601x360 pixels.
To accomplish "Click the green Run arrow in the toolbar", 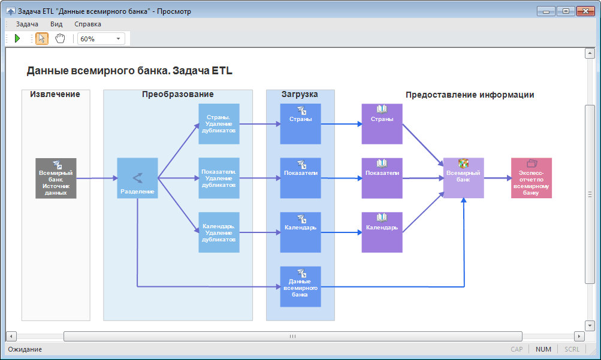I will coord(17,38).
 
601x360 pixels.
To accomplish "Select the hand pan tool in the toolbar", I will coord(59,38).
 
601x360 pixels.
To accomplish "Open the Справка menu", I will coord(87,24).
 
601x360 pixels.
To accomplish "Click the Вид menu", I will coord(56,24).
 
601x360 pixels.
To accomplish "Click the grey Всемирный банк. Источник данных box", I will coord(56,178).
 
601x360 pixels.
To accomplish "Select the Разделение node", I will coord(137,178).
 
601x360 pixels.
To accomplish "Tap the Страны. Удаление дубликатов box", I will coord(219,124).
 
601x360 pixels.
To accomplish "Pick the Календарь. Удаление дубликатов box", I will coord(219,232).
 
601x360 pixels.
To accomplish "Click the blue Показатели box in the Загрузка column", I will coord(300,178).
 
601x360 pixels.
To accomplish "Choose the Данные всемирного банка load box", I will coord(300,286).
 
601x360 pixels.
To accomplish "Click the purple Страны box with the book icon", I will coord(382,124).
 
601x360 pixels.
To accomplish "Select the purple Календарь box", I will coord(382,232).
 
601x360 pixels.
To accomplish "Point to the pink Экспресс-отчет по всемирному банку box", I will coord(531,178).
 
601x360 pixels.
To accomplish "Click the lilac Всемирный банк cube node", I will coord(463,178).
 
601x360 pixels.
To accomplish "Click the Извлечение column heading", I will coord(55,95).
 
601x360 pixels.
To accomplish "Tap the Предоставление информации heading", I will coord(470,95).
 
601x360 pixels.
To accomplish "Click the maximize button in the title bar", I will coord(565,11).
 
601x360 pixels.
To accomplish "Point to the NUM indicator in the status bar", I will coord(543,349).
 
